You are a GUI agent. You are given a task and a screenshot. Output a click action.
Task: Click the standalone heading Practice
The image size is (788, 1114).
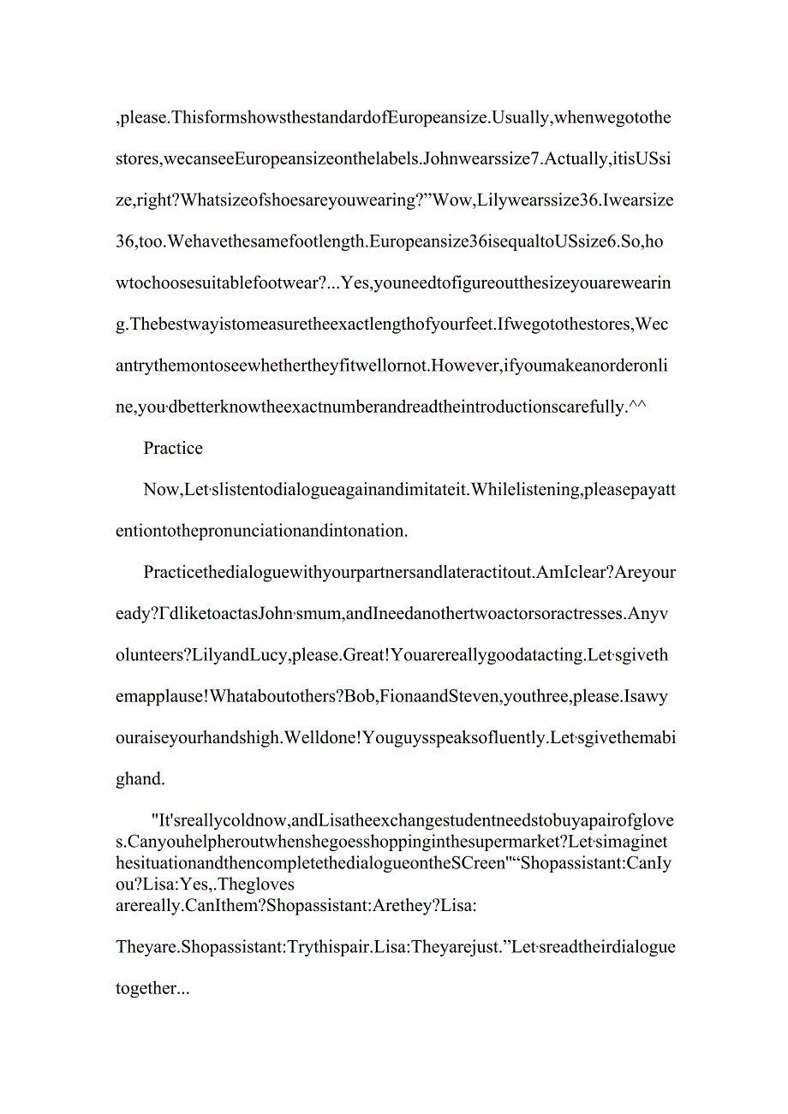coord(173,449)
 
